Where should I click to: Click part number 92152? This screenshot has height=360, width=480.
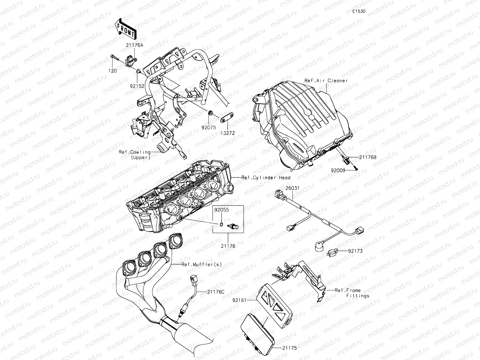coord(137,86)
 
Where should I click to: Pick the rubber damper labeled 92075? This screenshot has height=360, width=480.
coord(210,113)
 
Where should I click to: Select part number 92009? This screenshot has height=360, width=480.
coord(338,170)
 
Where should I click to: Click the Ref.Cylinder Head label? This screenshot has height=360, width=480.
coord(265,178)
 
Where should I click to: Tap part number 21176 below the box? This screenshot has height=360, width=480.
coord(228,246)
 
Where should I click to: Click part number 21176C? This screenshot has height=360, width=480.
coord(216,291)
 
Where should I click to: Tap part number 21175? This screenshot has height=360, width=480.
coord(289,348)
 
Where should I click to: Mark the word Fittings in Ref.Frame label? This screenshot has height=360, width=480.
coord(358,295)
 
